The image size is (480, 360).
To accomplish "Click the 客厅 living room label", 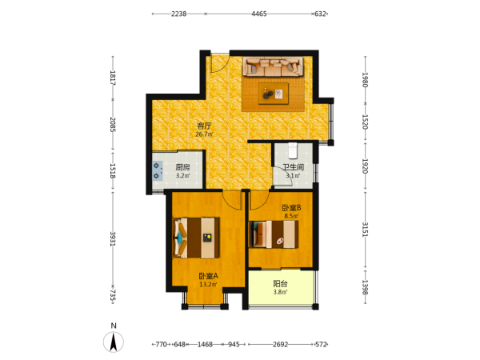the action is click(x=204, y=126).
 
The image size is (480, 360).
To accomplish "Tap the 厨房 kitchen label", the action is click(x=182, y=167).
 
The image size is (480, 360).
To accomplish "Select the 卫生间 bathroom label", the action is click(x=293, y=167).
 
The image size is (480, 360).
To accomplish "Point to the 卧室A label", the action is click(x=209, y=276).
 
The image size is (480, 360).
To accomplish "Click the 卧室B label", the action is click(x=291, y=208).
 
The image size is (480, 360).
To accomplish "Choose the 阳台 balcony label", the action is click(x=280, y=283).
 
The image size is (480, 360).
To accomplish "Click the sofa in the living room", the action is click(x=273, y=66).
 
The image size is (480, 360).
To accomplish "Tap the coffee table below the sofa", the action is click(x=274, y=94).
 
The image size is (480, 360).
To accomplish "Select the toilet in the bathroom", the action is click(x=293, y=150).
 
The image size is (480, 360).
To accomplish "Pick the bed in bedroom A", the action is click(x=196, y=238).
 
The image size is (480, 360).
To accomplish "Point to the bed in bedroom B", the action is click(x=274, y=234).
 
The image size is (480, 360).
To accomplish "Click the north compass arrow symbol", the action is click(x=114, y=342).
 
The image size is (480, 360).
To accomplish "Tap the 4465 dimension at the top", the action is click(x=259, y=14).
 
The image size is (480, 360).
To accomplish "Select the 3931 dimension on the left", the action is click(x=113, y=238).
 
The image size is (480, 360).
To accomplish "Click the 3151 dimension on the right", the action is click(x=365, y=230).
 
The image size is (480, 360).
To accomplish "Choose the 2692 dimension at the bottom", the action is click(x=281, y=344).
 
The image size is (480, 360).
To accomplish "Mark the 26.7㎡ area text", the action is click(x=205, y=134).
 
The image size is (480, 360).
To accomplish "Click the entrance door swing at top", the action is click(x=220, y=63).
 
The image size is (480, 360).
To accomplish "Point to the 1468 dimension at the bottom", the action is click(x=205, y=344).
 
